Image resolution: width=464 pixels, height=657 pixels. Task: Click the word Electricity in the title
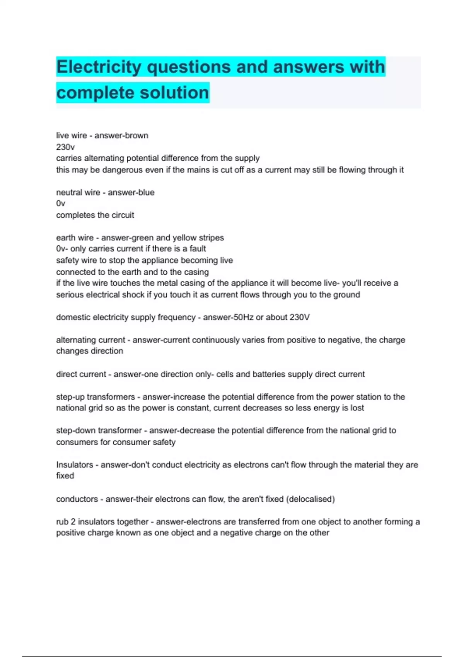99,67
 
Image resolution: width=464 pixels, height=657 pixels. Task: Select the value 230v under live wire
65,147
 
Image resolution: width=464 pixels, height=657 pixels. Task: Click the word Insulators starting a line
75,465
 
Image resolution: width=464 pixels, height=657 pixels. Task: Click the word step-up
70,397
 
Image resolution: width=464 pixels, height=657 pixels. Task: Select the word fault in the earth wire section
198,249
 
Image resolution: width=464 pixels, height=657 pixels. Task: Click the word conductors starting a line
77,499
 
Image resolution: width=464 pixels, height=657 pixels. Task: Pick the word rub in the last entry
62,522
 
